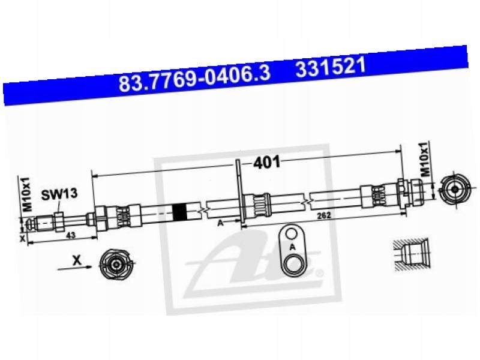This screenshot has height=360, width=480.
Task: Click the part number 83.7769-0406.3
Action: pos(194,79)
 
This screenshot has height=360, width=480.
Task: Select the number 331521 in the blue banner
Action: pos(331,68)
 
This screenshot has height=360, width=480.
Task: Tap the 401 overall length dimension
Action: pos(266,162)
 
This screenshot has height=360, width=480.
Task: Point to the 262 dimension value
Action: pos(324,215)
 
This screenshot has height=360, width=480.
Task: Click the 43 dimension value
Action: pos(71,235)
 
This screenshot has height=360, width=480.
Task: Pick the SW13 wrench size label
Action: pos(59,194)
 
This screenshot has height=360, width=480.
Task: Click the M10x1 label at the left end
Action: pos(28,193)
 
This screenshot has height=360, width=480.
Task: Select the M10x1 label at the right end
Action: pos(425,159)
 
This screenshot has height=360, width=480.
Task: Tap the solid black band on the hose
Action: pos(179,212)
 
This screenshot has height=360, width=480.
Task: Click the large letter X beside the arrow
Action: pos(77,260)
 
